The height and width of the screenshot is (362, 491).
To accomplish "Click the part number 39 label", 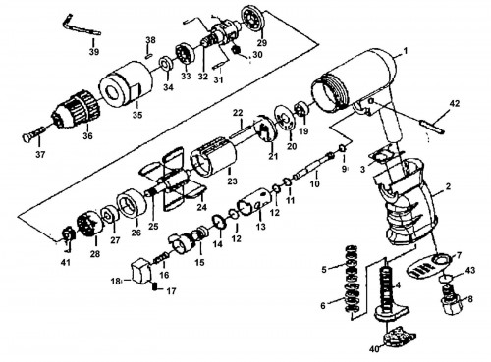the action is pos(94,52).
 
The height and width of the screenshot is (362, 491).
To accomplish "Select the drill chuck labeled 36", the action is pos(76,108).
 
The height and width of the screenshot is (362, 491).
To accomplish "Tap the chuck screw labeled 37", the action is pos(33,133).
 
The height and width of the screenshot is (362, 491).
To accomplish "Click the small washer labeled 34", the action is pos(165,63).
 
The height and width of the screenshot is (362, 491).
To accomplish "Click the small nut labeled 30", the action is pos(236,50).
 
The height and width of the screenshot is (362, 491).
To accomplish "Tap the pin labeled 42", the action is pos(432,126).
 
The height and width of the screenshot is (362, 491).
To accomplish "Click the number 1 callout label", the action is pos(406,51).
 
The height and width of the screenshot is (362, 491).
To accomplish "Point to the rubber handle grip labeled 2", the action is pos(406,203).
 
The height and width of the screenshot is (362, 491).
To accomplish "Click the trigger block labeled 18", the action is pos(140,271).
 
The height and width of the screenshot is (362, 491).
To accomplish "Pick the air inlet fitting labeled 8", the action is pos(453,299).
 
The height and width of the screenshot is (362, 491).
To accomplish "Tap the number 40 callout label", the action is pos(374,349).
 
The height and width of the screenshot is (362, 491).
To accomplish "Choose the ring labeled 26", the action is pos(132,204).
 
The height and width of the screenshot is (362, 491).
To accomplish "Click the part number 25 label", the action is pos(153,226).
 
